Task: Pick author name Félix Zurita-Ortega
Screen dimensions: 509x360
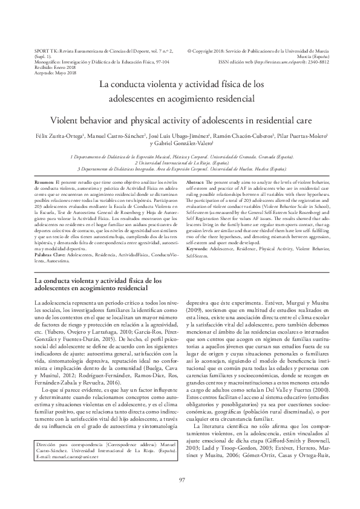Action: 57,137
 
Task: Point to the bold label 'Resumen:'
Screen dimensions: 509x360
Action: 44,182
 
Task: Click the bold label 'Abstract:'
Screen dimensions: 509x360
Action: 194,182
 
